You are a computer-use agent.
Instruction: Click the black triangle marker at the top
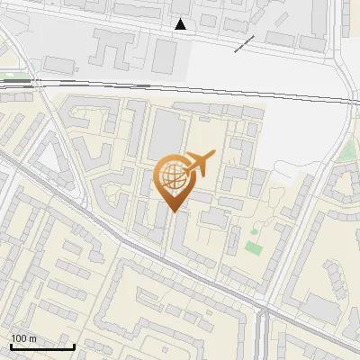(181, 24)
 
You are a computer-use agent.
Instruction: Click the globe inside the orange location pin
(172, 177)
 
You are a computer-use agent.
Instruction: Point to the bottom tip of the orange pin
(174, 211)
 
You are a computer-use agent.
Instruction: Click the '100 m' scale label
(23, 337)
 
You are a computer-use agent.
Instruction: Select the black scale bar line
(42, 346)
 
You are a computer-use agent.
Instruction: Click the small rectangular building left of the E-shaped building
(60, 65)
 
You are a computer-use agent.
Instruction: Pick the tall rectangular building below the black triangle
(164, 55)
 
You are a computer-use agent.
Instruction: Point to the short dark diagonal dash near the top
(244, 44)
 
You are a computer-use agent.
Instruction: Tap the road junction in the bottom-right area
(263, 314)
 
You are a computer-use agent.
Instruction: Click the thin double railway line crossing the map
(180, 89)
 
